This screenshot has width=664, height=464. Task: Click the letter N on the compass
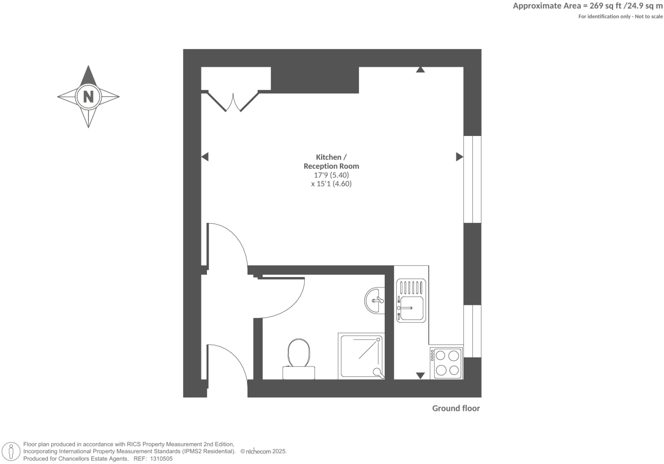pos(88,97)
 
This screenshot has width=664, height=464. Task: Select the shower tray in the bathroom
pos(361,356)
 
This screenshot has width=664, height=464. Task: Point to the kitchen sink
pos(411,301)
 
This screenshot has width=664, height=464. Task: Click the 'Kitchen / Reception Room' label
pos(331,162)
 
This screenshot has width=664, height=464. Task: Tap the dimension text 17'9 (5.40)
pos(331,175)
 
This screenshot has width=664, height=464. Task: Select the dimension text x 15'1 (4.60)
pos(331,184)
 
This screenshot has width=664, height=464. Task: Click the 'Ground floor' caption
pos(456,408)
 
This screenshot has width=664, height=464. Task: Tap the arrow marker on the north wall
pos(420,69)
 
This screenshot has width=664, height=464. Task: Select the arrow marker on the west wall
pos(205,157)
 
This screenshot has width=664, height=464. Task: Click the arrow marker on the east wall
pos(459,157)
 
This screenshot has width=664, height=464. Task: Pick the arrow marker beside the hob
pos(420,375)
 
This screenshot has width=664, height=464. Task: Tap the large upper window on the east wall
pos(472,179)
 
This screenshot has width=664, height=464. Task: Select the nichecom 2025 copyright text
pos(263,452)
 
